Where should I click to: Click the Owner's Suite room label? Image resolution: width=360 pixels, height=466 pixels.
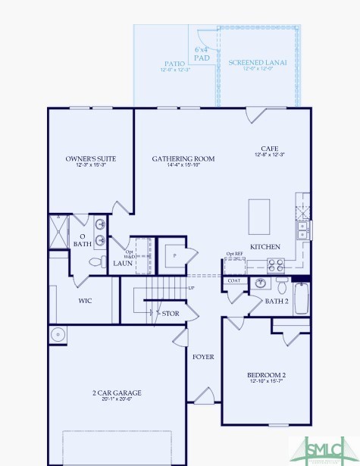click(90, 159)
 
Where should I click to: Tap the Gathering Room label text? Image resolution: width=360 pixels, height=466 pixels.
click(183, 159)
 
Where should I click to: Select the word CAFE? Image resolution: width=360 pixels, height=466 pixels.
click(270, 149)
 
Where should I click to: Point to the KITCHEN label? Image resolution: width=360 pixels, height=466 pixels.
click(265, 247)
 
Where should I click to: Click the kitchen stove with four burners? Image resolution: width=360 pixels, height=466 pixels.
click(277, 265)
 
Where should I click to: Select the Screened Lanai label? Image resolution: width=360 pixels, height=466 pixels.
click(258, 62)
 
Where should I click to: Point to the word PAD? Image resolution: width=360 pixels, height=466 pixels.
click(201, 58)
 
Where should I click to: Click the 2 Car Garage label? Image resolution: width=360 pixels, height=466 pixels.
click(117, 393)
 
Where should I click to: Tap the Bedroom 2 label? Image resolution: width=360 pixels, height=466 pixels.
click(266, 375)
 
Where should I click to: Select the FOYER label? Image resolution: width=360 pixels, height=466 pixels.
click(202, 356)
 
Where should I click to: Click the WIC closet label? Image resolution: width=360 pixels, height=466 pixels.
click(86, 301)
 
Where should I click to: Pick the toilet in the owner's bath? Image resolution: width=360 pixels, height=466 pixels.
click(96, 262)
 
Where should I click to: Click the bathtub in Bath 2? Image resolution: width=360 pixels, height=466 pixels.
click(301, 299)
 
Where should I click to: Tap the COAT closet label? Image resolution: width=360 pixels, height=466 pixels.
click(234, 280)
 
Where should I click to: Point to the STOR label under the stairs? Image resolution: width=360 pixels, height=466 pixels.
click(171, 312)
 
